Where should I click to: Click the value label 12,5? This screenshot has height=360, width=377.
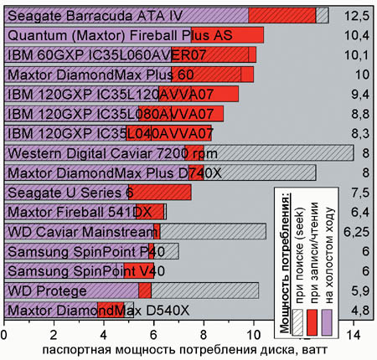[357, 16]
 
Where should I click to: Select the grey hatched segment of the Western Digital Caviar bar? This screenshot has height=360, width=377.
[279, 153]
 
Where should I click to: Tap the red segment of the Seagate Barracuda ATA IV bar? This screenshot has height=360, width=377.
[282, 15]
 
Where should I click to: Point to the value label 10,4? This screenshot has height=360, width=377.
[357, 35]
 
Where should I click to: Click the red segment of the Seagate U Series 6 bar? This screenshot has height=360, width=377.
[160, 193]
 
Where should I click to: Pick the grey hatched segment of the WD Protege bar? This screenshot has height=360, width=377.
[204, 291]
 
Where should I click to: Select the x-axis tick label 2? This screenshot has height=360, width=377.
[54, 335]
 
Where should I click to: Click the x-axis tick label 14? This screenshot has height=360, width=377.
[354, 335]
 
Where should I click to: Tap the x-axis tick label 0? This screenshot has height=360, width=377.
[3, 335]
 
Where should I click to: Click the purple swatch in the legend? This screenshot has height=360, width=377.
[327, 322]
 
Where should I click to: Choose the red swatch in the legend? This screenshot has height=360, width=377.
[312, 322]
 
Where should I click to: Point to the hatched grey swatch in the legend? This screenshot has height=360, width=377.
[297, 322]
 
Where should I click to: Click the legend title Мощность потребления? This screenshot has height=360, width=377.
[284, 262]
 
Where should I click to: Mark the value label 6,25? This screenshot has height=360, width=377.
[356, 232]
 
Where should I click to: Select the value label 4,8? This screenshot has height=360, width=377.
[360, 311]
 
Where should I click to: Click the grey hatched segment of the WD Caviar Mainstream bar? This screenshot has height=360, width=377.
[213, 231]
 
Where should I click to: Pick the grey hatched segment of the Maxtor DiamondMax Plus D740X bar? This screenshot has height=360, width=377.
[260, 172]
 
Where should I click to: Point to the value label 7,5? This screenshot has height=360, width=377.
[360, 193]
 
